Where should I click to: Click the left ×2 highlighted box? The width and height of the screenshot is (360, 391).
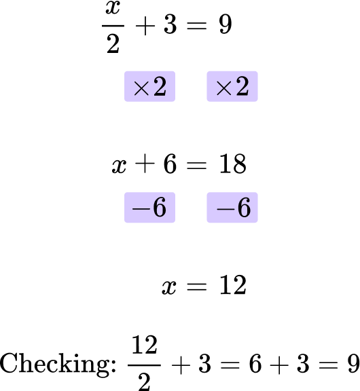tap(149, 86)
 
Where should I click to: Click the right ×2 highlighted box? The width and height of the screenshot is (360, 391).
tap(232, 86)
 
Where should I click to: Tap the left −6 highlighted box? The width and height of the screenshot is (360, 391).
tap(149, 207)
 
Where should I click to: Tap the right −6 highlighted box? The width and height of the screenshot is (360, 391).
tap(232, 207)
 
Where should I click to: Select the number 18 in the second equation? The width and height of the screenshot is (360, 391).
tap(233, 164)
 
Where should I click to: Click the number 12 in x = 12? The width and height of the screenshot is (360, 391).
tap(233, 285)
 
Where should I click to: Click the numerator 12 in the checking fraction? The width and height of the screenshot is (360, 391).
tap(145, 345)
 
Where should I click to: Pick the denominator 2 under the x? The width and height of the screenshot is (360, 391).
tap(113, 43)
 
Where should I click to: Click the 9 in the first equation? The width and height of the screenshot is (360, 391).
tap(226, 24)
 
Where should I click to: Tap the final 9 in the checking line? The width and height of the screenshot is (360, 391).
tap(353, 364)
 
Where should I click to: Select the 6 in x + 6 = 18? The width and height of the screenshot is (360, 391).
tap(170, 164)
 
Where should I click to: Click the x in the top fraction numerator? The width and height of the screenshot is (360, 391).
tap(113, 8)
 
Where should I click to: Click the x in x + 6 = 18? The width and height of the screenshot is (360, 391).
tap(119, 166)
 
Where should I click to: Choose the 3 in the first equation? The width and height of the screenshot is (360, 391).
tap(170, 24)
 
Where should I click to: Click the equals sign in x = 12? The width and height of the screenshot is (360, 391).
tap(197, 286)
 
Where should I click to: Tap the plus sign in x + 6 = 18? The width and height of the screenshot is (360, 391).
tap(145, 164)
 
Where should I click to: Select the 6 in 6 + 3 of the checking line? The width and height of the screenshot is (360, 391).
tap(255, 364)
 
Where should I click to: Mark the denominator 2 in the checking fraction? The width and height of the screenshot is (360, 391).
tap(144, 382)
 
